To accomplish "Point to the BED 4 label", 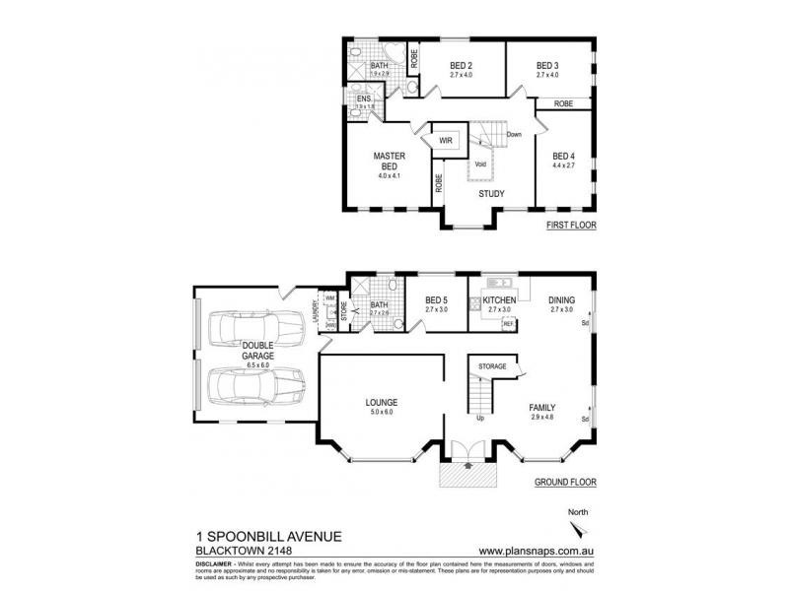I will click(x=562, y=157).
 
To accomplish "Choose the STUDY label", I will click(x=491, y=194).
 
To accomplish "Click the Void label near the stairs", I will click(x=480, y=164).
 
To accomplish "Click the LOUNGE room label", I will click(x=381, y=402).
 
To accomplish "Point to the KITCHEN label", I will click(x=501, y=299).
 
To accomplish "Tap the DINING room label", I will click(x=563, y=299).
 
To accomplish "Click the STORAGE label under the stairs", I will click(x=491, y=366).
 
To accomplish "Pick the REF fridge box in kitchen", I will click(x=509, y=322).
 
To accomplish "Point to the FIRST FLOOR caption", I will click(x=572, y=227).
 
